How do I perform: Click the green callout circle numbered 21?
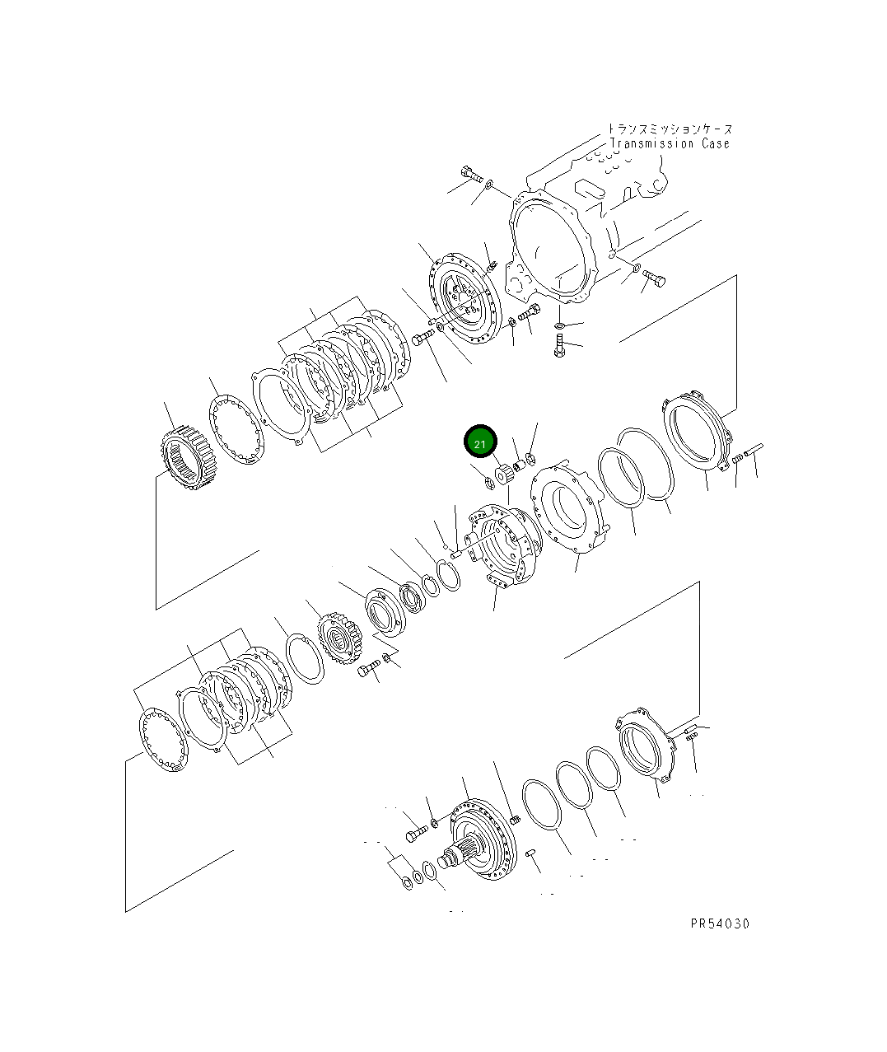[480, 442]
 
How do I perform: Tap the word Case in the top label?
[716, 143]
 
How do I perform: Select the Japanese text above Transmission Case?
[670, 129]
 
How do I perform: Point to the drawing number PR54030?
[720, 923]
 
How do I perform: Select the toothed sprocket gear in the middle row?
[341, 638]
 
